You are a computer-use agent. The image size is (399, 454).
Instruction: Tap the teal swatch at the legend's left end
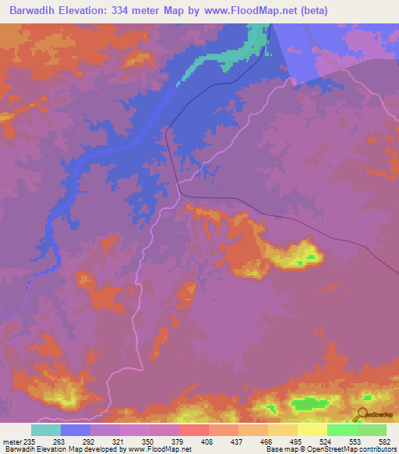point(46,430)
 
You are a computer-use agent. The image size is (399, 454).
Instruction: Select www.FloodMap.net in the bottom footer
point(160,449)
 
